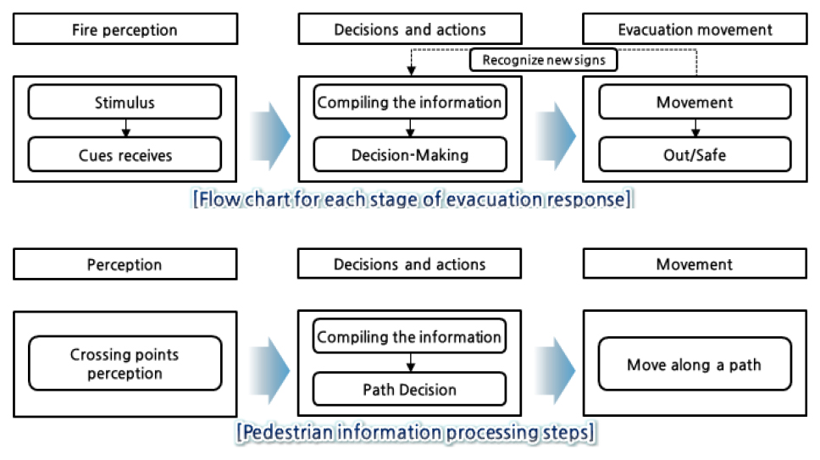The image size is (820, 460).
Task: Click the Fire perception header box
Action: pyautogui.click(x=125, y=30)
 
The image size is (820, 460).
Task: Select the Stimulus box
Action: pyautogui.click(x=125, y=102)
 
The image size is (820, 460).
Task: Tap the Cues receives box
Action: pyautogui.click(x=125, y=155)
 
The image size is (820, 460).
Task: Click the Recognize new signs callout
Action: pyautogui.click(x=543, y=59)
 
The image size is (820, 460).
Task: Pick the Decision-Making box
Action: pyautogui.click(x=410, y=155)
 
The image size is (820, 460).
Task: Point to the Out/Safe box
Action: pyautogui.click(x=695, y=155)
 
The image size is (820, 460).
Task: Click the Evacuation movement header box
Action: pyautogui.click(x=695, y=30)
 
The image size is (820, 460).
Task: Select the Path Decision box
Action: pyautogui.click(x=409, y=389)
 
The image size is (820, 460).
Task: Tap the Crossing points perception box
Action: pyautogui.click(x=125, y=363)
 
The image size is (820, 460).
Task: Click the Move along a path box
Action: pyautogui.click(x=695, y=363)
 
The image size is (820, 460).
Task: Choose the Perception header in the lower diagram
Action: pyautogui.click(x=125, y=264)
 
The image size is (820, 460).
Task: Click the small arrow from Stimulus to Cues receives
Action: pyautogui.click(x=125, y=128)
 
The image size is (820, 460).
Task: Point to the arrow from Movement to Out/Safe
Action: pyautogui.click(x=695, y=128)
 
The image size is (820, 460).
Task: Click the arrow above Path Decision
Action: pyautogui.click(x=411, y=363)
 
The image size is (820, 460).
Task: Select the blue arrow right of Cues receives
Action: pyautogui.click(x=270, y=136)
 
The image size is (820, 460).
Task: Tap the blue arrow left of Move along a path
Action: pyautogui.click(x=556, y=370)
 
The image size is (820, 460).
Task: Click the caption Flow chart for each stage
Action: pyautogui.click(x=413, y=199)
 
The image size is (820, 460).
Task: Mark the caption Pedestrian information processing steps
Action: pyautogui.click(x=415, y=433)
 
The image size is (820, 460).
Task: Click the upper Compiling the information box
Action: pyautogui.click(x=410, y=102)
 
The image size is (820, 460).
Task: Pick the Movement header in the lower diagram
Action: pyautogui.click(x=695, y=264)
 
